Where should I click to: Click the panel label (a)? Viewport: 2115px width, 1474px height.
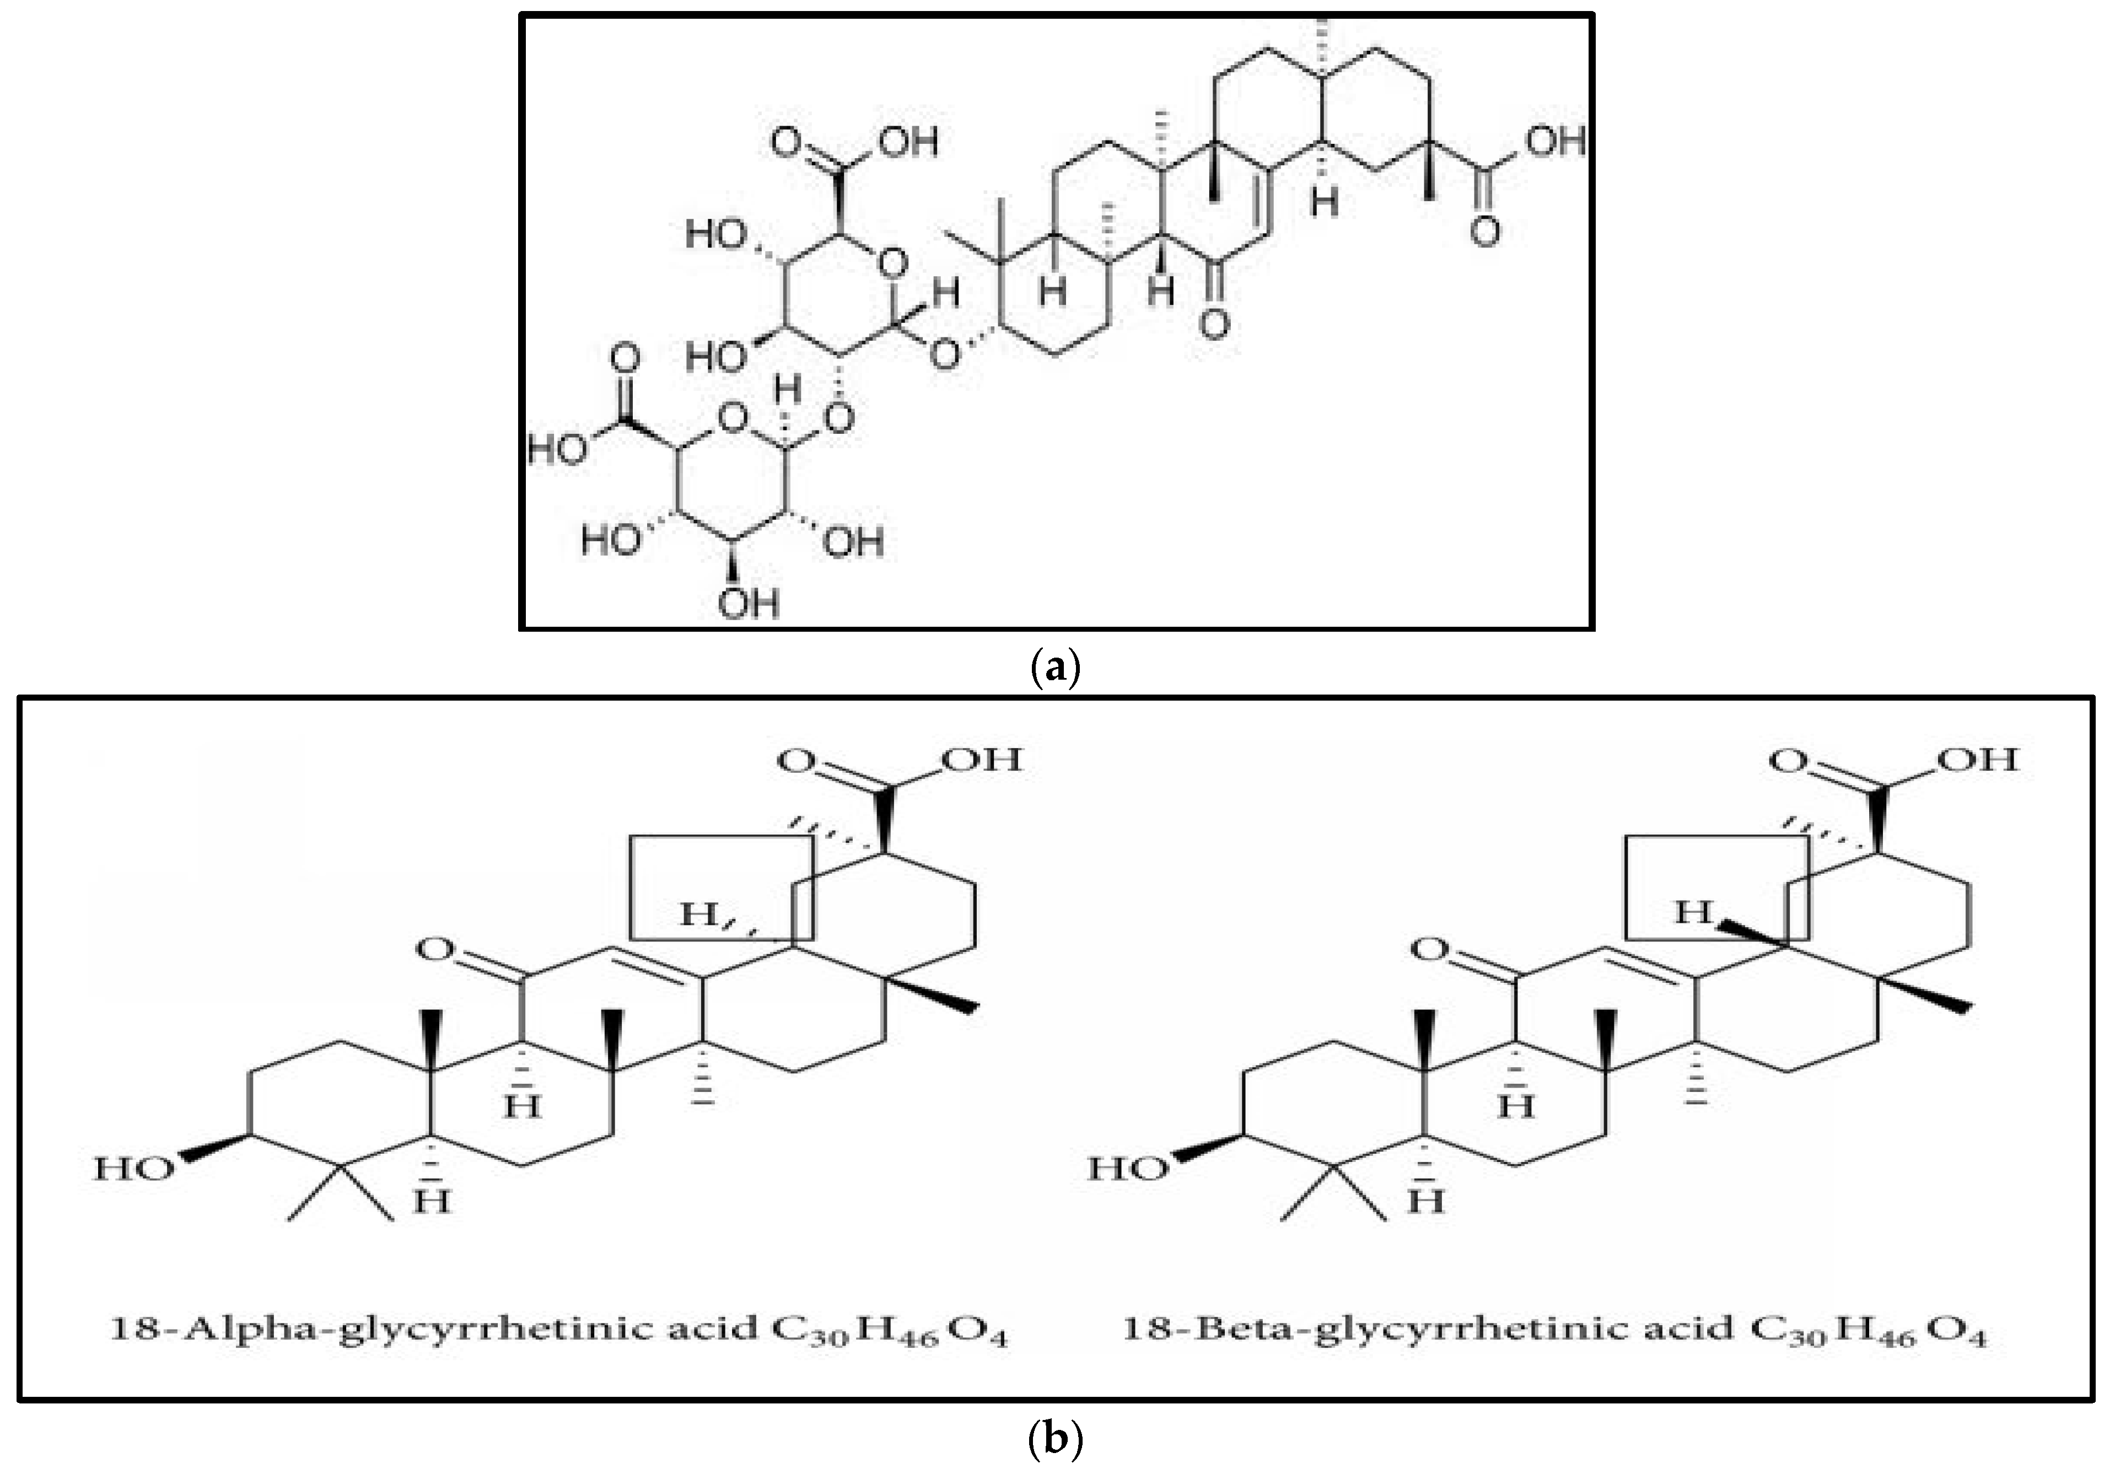tap(1054, 666)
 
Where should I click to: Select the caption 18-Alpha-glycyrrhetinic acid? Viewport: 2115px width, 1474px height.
tap(433, 1330)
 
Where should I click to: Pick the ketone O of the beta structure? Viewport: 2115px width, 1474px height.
tap(1430, 949)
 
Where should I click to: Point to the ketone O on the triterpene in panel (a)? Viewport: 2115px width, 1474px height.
tap(1214, 324)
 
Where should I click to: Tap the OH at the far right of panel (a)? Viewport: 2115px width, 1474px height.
tap(1555, 142)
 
